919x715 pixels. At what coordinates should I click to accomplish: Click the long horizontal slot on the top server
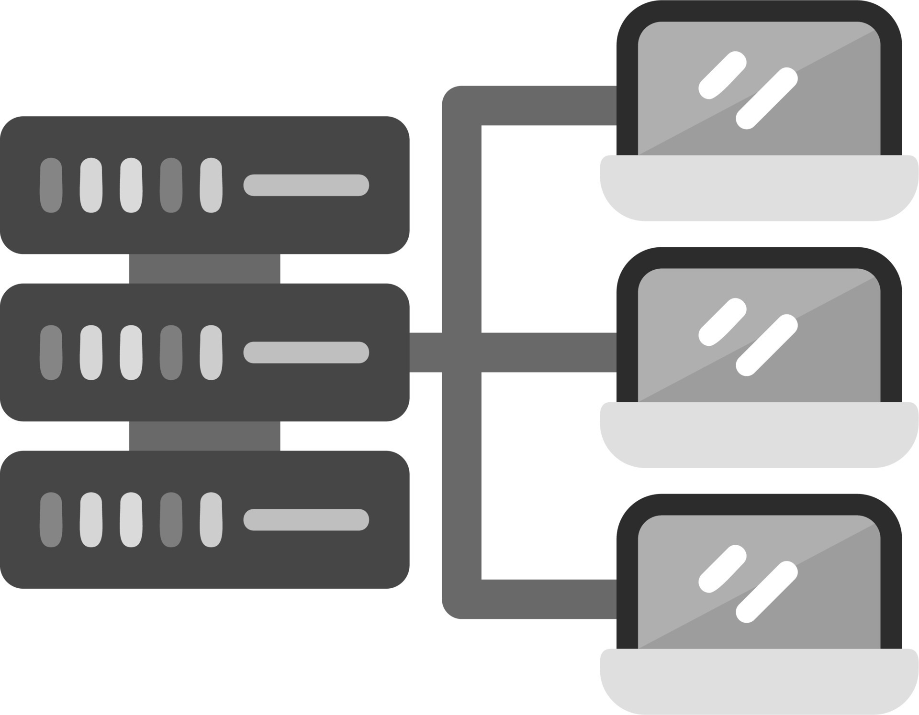[306, 185]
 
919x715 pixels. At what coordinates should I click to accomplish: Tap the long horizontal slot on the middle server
[306, 352]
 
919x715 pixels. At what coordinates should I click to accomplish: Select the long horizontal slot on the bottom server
[306, 520]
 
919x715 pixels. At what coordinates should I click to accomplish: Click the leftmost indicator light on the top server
[51, 185]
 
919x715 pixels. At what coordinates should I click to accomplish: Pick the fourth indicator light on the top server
[171, 185]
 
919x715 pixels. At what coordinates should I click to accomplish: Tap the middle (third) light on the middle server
[131, 352]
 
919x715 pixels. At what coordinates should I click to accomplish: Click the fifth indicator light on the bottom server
[211, 520]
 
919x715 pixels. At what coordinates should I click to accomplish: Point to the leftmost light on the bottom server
[51, 520]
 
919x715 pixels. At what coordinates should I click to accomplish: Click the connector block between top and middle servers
[204, 269]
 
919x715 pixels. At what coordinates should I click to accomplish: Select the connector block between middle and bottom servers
[204, 436]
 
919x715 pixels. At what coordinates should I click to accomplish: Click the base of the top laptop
[759, 189]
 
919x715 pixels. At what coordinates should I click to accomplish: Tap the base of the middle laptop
[759, 435]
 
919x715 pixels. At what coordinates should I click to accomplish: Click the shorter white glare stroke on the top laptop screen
[722, 76]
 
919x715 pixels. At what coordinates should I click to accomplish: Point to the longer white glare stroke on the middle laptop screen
[766, 345]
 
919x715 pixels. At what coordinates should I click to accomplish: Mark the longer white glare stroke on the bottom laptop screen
[766, 592]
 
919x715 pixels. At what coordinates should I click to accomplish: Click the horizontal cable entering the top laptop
[548, 106]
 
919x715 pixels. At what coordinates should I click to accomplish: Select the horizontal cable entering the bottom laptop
[548, 599]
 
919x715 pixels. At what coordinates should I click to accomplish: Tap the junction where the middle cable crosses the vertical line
[461, 352]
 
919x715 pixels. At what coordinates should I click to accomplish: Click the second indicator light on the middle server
[91, 352]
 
